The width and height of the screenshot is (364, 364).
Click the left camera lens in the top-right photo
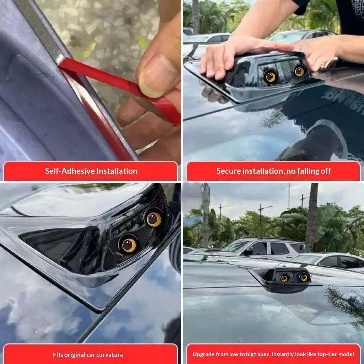tap(271, 76)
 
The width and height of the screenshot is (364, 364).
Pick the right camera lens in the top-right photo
tap(299, 71)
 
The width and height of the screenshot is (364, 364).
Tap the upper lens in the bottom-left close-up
tap(154, 219)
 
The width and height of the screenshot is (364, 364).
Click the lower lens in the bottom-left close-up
tap(128, 245)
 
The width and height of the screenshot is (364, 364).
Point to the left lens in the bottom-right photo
tap(284, 278)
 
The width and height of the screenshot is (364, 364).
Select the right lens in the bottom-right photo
tap(304, 277)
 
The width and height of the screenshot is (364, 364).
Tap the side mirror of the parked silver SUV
tap(249, 252)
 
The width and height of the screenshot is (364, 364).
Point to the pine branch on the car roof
tap(346, 304)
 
